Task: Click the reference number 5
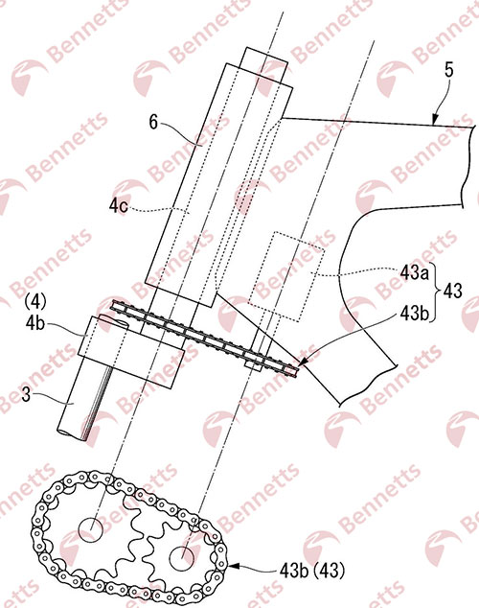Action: (x=448, y=71)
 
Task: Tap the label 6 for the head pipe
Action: (x=153, y=123)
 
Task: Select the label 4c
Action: (x=119, y=206)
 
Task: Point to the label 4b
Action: (x=35, y=324)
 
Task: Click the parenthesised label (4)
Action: (x=35, y=301)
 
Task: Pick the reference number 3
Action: (x=26, y=395)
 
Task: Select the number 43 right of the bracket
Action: (x=452, y=291)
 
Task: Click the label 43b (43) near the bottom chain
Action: (x=311, y=571)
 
